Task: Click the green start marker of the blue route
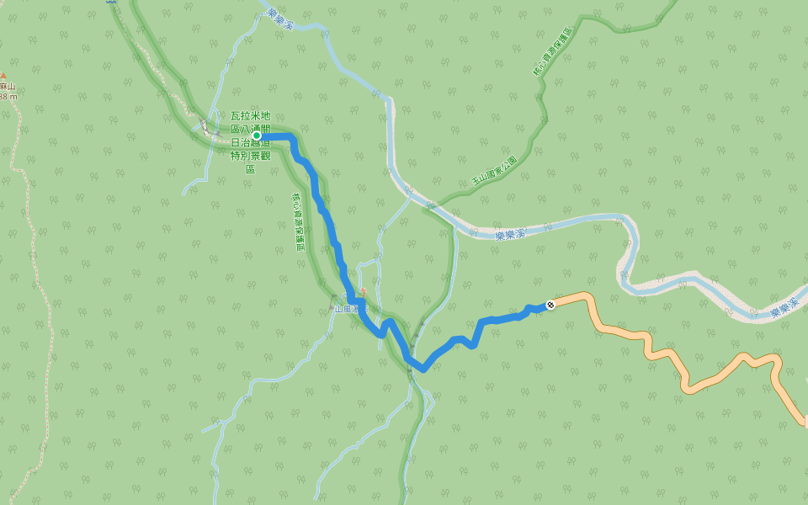coord(257,136)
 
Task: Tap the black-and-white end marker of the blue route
coord(550,305)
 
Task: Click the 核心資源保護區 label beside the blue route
coord(297,220)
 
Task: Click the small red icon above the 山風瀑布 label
coord(363,292)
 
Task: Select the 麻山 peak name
coord(8,86)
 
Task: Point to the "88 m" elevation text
coord(8,97)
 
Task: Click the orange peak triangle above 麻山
coord(3,76)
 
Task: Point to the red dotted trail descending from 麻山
coord(33,252)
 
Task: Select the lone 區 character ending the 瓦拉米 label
coord(250,169)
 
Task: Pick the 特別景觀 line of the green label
coord(250,156)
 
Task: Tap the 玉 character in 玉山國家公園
coord(475,182)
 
